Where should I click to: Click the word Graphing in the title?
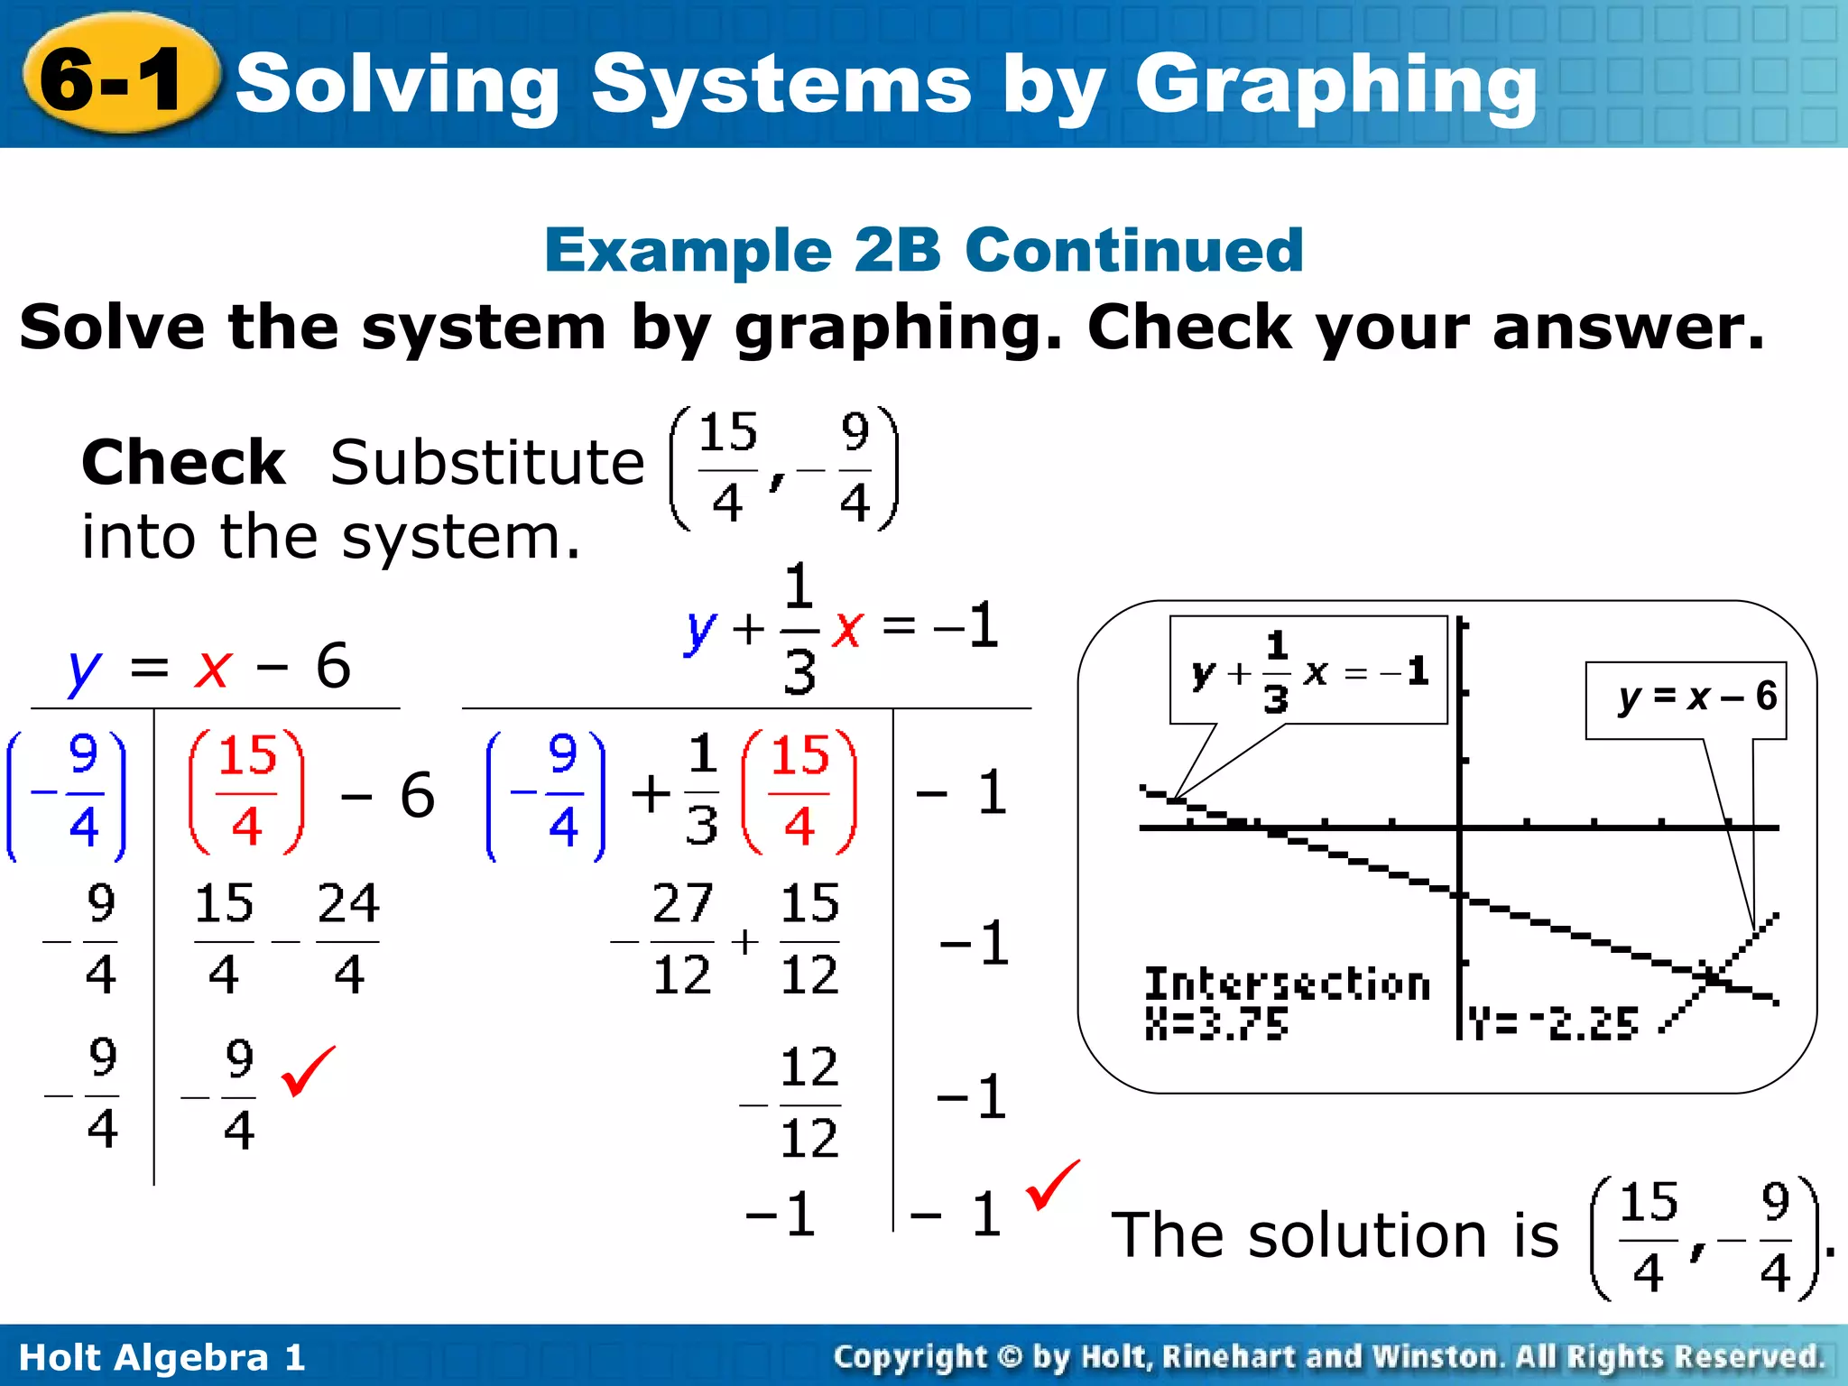[1335, 86]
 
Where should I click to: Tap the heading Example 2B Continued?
[924, 250]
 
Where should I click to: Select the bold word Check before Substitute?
[183, 463]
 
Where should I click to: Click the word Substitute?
[487, 463]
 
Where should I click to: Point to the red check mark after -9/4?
[308, 1071]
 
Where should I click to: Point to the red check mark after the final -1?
[1052, 1185]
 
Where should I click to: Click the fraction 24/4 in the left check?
[348, 939]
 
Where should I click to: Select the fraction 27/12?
[682, 939]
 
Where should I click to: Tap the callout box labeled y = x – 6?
[1686, 699]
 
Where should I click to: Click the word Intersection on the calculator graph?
[1288, 984]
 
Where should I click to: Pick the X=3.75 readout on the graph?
[1216, 1024]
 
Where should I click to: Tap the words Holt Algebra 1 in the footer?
[162, 1357]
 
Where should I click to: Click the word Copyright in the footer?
[910, 1357]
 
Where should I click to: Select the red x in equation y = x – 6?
[213, 668]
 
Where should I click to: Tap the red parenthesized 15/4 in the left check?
[246, 791]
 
